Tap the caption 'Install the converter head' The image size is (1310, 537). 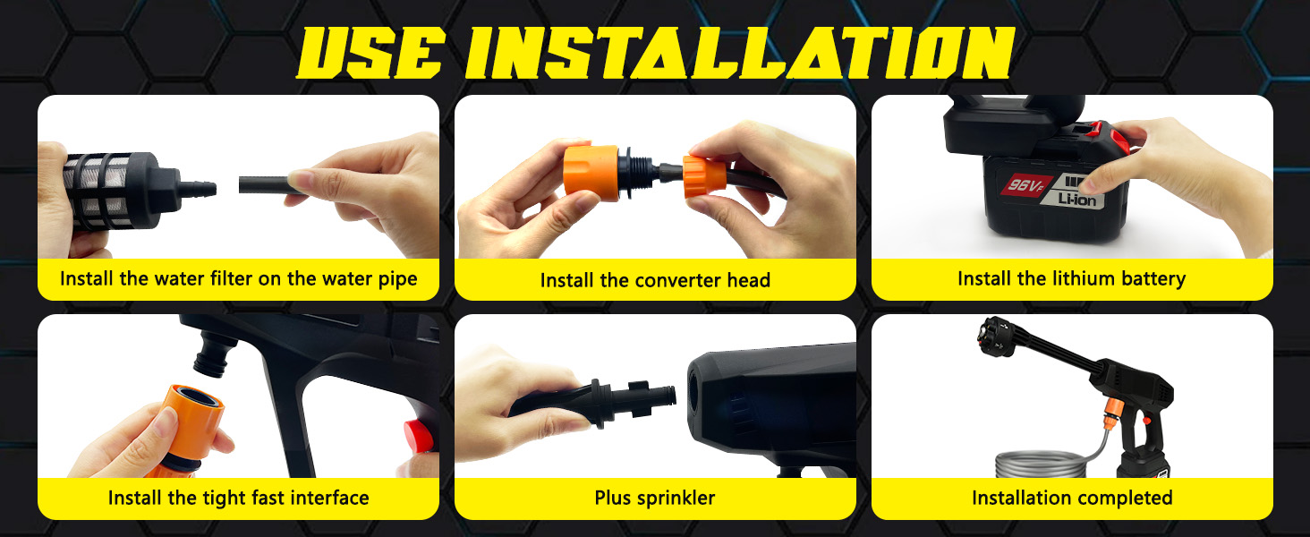tap(655, 280)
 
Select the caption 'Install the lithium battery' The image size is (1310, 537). tap(1071, 278)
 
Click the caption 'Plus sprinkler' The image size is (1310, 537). tap(655, 498)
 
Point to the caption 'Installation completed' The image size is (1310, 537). tap(1072, 498)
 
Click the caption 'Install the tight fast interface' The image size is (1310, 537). tap(238, 498)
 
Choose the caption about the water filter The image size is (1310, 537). tap(238, 278)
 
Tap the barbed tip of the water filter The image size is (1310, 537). tap(200, 188)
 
